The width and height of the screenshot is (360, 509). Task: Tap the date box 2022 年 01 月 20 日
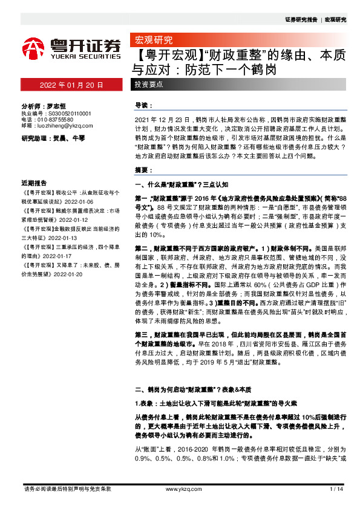[x=71, y=85]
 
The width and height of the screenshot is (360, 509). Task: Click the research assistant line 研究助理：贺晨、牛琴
[x=53, y=138]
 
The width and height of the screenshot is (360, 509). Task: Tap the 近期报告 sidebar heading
[x=34, y=183]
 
